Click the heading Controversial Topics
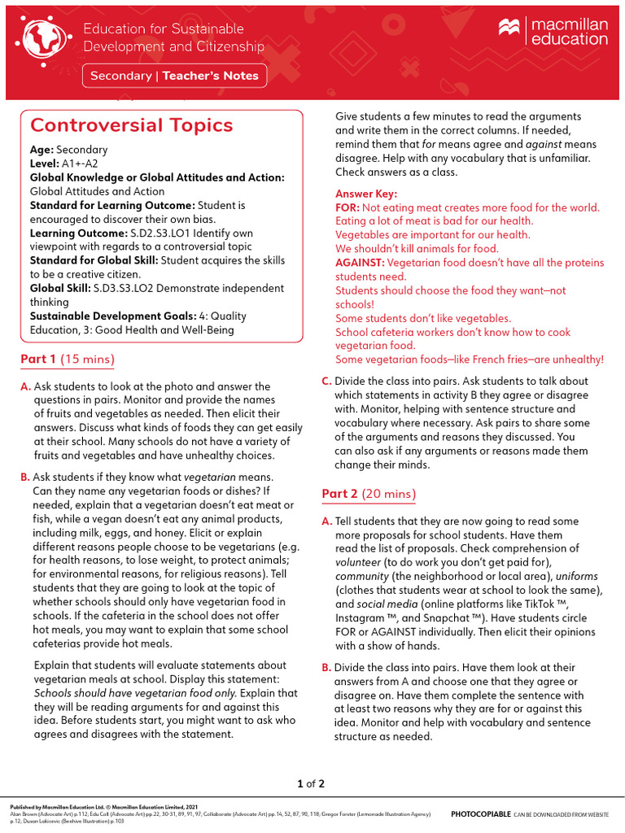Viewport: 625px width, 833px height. pos(131,125)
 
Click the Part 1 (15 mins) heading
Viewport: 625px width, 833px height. pos(67,359)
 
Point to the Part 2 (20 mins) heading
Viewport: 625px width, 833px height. pos(369,494)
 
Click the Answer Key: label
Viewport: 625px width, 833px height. pos(366,194)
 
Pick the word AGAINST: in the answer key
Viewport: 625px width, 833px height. pos(360,263)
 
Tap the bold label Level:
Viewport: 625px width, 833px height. pos(45,164)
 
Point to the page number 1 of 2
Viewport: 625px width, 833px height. pos(312,784)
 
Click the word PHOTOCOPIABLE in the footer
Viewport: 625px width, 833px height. pos(481,813)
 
